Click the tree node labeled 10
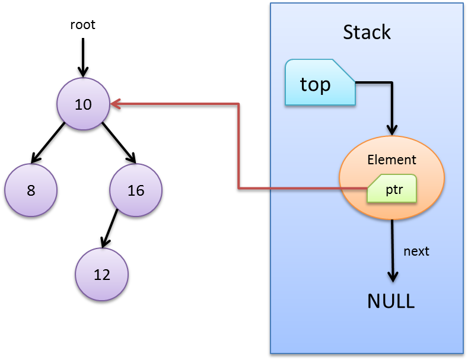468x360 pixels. [x=83, y=104]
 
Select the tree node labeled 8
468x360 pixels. [x=31, y=190]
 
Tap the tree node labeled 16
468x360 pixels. [x=136, y=190]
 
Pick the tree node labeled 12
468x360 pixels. [x=102, y=275]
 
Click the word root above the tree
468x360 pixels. [x=82, y=25]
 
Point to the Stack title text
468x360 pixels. [x=367, y=32]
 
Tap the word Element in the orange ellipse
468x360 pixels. [x=391, y=160]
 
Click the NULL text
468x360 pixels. [x=391, y=301]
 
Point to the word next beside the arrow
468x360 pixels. [x=416, y=251]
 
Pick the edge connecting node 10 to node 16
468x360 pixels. [x=117, y=141]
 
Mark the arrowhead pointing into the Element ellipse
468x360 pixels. [x=391, y=129]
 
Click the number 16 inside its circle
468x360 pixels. [x=136, y=190]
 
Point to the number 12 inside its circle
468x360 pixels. [x=102, y=275]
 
